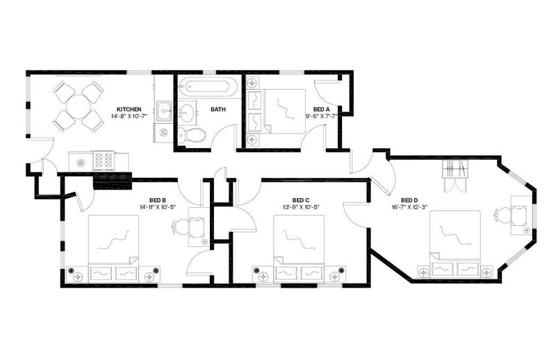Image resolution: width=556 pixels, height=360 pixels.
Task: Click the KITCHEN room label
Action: (x=129, y=109)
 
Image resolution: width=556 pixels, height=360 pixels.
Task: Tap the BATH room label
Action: (x=218, y=109)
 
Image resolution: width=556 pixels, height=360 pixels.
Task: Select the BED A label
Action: (x=321, y=109)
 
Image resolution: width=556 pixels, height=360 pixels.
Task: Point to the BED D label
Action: (x=409, y=200)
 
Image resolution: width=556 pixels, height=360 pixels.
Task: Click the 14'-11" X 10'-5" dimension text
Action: (x=158, y=207)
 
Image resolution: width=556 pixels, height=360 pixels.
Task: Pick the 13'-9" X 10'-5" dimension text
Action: (x=301, y=207)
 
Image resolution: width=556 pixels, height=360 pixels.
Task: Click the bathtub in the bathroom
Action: (x=207, y=87)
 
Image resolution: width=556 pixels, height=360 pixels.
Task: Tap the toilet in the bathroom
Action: (x=192, y=135)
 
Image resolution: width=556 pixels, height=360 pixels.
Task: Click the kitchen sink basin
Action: (x=165, y=111)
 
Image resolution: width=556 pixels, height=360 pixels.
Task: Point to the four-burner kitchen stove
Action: (x=104, y=159)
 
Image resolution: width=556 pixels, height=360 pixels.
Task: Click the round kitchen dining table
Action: (x=79, y=106)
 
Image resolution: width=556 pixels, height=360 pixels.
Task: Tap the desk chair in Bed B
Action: (x=181, y=227)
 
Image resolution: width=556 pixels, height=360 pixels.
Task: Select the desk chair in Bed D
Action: (x=502, y=215)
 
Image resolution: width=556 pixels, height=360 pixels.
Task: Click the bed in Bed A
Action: (x=277, y=111)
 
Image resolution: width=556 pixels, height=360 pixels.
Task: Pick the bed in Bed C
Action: (x=299, y=248)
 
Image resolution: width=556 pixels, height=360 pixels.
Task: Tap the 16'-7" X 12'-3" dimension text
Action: (x=409, y=207)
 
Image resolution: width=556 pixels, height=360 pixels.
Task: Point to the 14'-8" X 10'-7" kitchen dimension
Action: (x=129, y=116)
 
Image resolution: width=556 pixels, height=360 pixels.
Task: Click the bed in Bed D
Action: (x=455, y=244)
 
